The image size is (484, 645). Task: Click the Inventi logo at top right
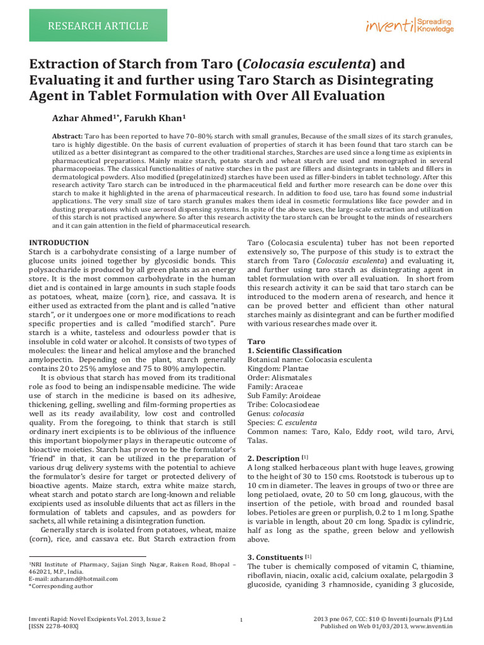click(409, 26)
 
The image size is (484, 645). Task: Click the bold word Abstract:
click(67, 136)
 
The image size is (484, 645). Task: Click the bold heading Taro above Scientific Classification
click(256, 340)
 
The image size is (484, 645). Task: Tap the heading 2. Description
click(274, 459)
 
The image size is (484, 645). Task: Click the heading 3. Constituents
click(276, 557)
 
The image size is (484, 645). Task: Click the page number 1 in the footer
click(242, 622)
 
